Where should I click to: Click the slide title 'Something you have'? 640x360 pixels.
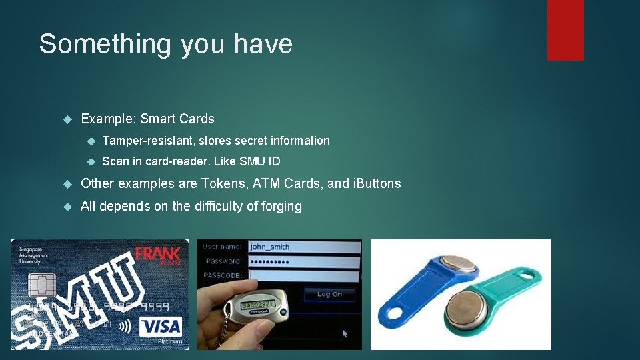165,44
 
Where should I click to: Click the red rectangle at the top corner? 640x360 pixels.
565,29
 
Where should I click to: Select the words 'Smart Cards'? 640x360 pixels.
178,119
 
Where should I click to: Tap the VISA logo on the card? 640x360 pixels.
160,327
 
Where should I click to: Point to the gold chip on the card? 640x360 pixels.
41,285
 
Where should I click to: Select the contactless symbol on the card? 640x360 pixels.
125,327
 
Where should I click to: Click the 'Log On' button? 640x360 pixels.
329,294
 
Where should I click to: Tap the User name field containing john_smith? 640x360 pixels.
303,246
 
